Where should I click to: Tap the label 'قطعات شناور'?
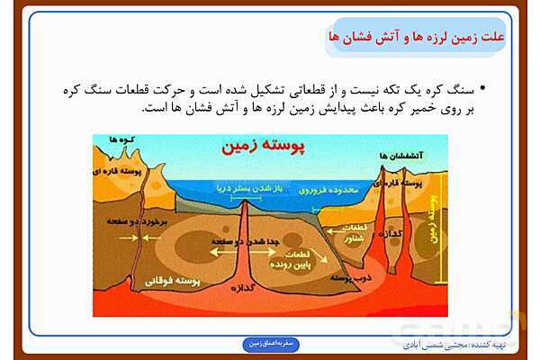(357, 233)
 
